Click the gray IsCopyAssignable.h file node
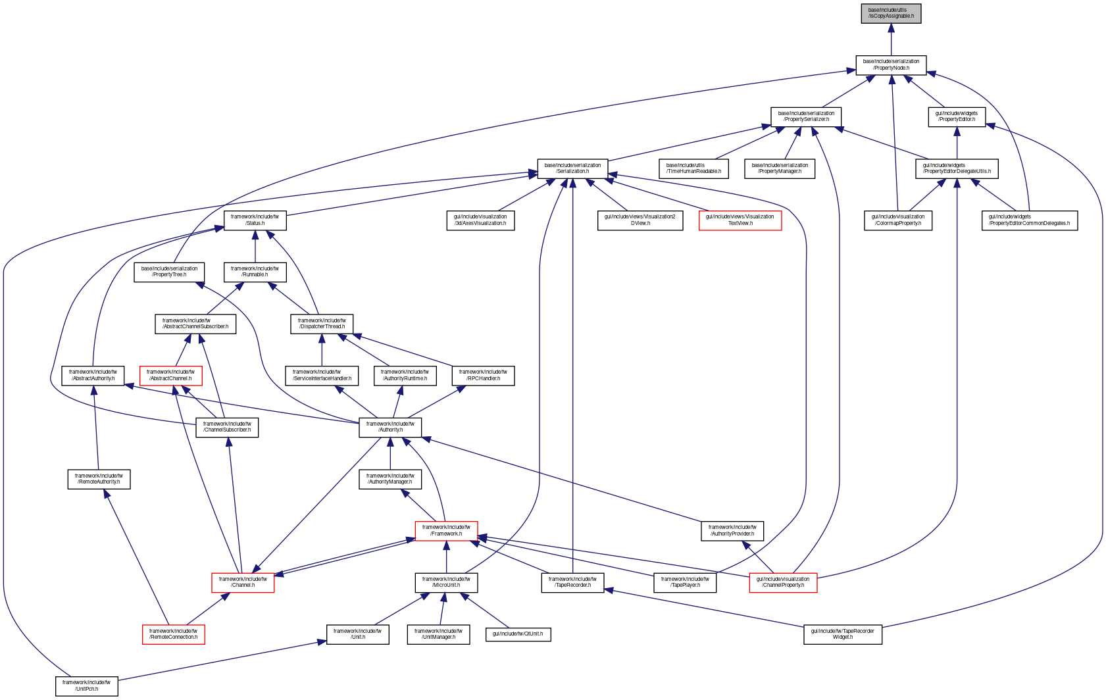(891, 14)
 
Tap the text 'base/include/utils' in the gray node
(887, 10)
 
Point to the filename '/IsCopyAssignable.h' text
(891, 16)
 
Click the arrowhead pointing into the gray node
(891, 28)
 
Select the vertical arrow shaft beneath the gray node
(891, 45)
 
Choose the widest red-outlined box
(740, 221)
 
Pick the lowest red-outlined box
(174, 634)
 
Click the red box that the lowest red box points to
(243, 583)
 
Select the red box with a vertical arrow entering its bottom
(446, 531)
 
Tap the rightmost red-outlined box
(783, 583)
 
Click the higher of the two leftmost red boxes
(171, 376)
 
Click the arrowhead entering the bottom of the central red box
(446, 546)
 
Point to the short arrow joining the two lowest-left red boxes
(207, 609)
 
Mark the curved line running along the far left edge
(4, 461)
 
